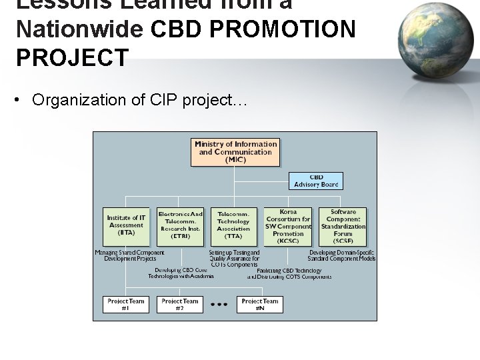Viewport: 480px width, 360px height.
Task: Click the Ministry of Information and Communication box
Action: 235,152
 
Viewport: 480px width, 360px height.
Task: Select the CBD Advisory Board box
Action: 315,181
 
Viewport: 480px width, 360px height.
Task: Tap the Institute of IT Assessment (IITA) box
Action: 126,225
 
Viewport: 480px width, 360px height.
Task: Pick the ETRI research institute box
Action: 181,225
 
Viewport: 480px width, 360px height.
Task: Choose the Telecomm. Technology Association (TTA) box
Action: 233,225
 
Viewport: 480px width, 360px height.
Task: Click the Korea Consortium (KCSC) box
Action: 288,225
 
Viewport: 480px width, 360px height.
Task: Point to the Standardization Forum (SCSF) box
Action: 343,225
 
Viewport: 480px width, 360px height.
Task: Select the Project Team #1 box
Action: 126,305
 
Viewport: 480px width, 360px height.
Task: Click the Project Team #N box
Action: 260,305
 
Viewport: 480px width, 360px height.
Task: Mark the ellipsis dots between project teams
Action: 219,305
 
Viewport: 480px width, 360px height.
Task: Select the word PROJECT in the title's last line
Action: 71,58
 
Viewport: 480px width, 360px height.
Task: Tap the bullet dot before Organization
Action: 21,101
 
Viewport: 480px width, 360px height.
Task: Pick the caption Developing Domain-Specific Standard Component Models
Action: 341,255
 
